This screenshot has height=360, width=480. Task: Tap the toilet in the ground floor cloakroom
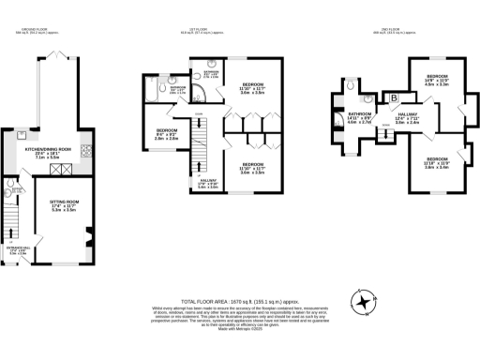(x=10, y=192)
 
